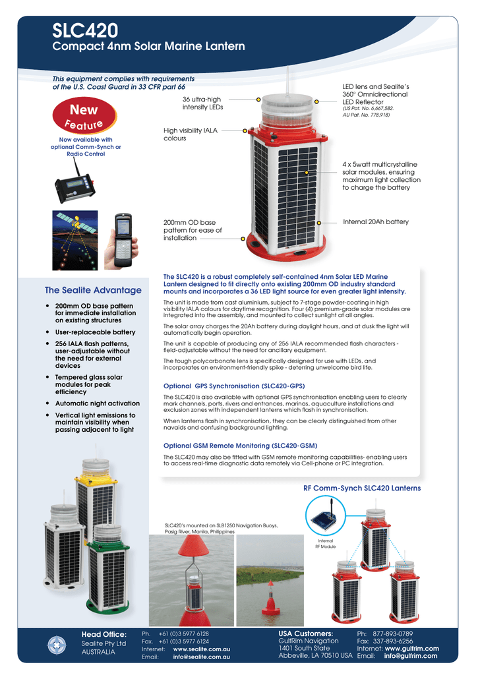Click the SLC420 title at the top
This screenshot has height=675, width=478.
[86, 30]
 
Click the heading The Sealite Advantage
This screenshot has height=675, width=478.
[93, 290]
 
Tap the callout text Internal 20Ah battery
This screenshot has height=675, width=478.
[376, 222]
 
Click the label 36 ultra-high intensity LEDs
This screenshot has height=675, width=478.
[202, 103]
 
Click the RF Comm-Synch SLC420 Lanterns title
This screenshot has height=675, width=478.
[361, 488]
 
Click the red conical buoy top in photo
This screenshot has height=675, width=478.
[191, 545]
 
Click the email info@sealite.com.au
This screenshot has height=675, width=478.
[200, 657]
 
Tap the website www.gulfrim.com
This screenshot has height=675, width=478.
[416, 649]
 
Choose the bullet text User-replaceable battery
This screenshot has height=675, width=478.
[95, 332]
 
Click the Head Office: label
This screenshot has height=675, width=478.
[104, 634]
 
